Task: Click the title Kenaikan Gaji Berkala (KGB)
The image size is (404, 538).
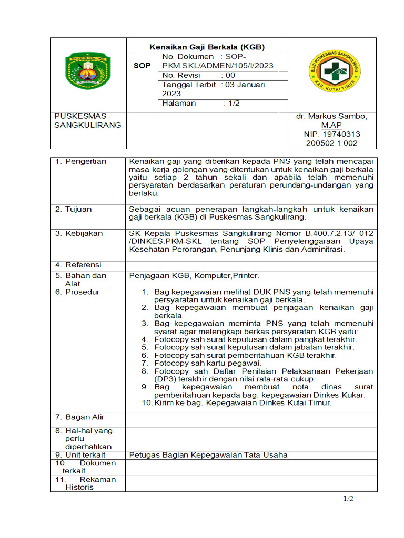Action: click(x=207, y=47)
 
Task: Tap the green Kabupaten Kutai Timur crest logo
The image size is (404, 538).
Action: click(x=88, y=70)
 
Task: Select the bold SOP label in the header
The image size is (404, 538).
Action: click(x=142, y=66)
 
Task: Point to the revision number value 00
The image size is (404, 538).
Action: click(x=230, y=75)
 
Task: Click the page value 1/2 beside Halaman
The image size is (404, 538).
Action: click(x=234, y=104)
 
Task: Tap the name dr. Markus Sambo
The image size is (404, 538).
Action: click(x=331, y=116)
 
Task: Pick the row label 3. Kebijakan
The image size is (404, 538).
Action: click(x=79, y=233)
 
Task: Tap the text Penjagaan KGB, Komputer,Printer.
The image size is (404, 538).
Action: click(x=194, y=275)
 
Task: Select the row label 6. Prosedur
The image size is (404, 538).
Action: click(x=77, y=292)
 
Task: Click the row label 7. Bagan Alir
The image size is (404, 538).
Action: click(x=79, y=417)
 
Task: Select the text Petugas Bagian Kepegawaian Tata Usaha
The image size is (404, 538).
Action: click(x=208, y=454)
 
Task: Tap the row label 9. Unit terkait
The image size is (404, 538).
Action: click(x=80, y=454)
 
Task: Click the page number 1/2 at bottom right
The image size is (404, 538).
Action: click(x=348, y=499)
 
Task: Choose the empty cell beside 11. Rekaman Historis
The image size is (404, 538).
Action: click(x=251, y=483)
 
